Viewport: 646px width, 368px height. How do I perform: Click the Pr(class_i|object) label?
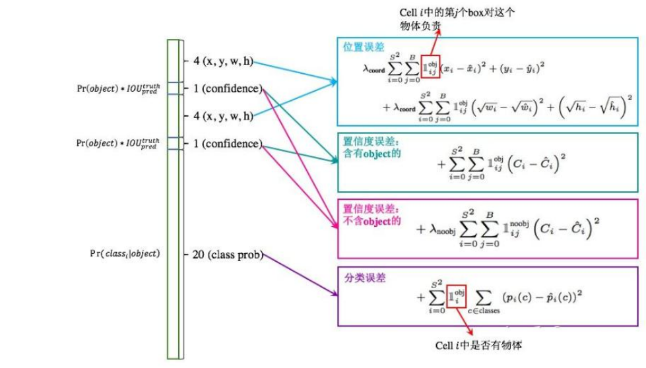pyautogui.click(x=125, y=253)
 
